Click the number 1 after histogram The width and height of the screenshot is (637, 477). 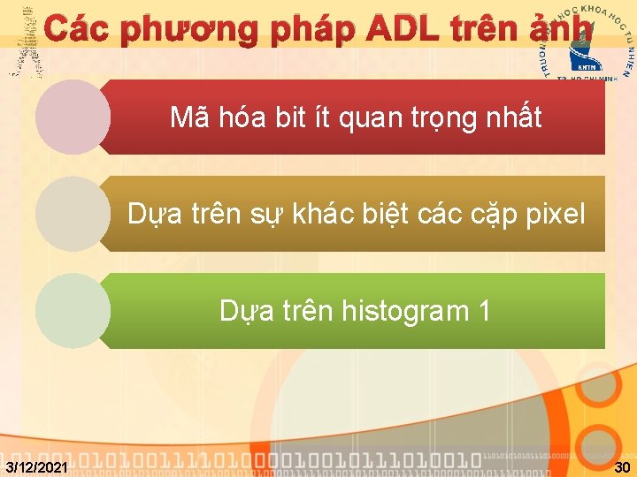tap(483, 311)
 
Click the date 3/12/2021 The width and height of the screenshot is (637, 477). tap(35, 466)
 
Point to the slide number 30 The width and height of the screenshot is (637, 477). tap(622, 466)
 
